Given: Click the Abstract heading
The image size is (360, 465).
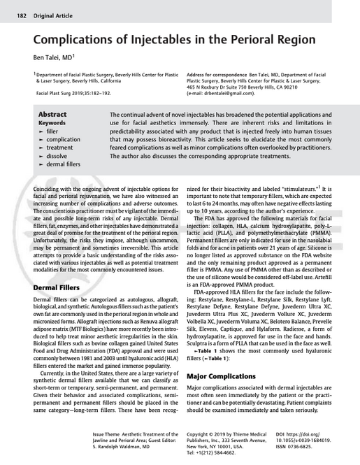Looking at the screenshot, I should click(x=52, y=114).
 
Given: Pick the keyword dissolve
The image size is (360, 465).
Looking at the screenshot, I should click(x=57, y=157).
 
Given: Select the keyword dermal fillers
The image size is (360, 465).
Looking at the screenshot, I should click(x=64, y=164).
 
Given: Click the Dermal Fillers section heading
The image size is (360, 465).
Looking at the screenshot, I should click(x=62, y=288).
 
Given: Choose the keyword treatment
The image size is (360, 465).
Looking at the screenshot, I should click(x=59, y=148).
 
